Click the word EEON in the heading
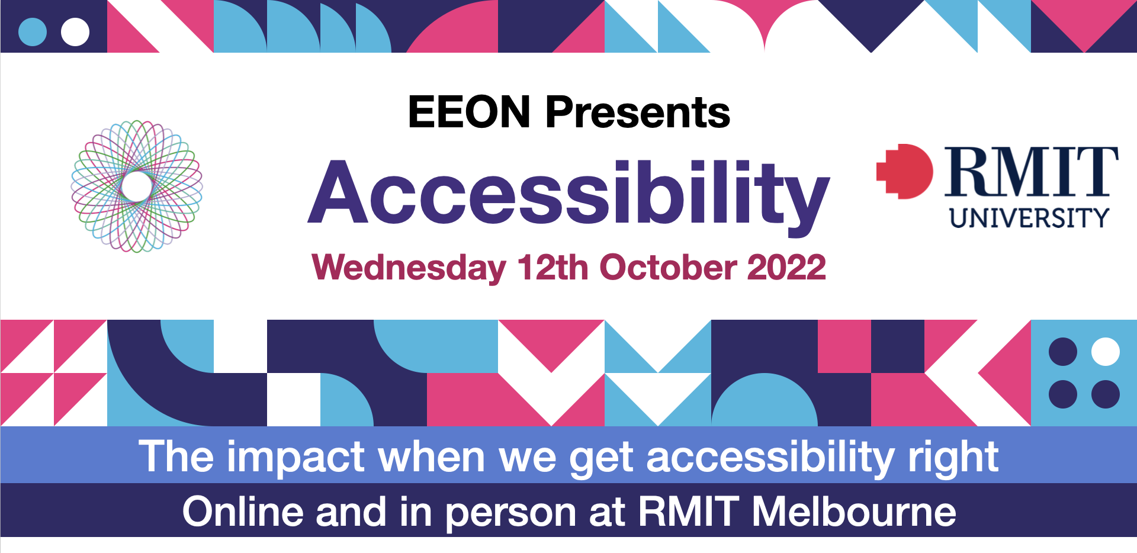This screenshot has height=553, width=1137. [469, 112]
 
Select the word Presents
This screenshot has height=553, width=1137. [638, 112]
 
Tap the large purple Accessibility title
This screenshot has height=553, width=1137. [568, 196]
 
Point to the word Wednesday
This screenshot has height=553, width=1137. [409, 268]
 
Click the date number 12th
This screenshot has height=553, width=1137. [553, 267]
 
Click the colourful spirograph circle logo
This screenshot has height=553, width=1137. [137, 187]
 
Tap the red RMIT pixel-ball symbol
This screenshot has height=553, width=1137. [904, 171]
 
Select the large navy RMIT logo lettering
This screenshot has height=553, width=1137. [1031, 172]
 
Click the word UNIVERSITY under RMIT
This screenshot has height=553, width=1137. [1029, 218]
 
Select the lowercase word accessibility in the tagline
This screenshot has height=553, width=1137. [770, 458]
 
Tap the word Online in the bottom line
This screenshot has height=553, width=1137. [243, 512]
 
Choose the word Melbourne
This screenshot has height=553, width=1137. [854, 512]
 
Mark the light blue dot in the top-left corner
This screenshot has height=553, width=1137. [33, 32]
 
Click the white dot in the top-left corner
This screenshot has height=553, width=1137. [75, 32]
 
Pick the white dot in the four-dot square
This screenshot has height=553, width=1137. [1105, 352]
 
